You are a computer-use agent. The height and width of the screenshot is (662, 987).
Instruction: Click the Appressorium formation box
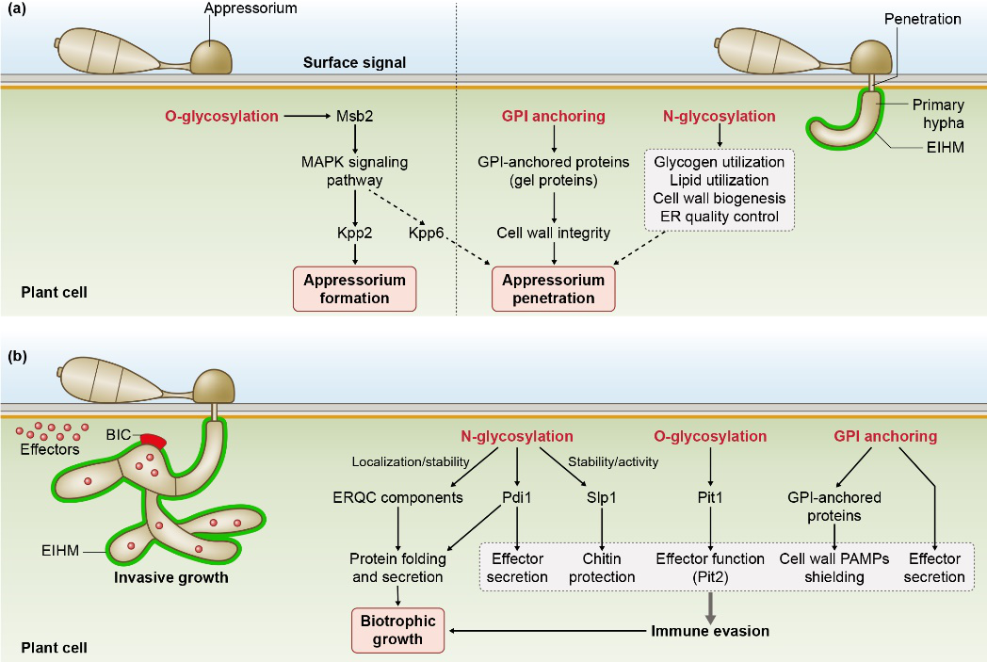(354, 289)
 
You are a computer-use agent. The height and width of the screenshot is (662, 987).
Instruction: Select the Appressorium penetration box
(553, 289)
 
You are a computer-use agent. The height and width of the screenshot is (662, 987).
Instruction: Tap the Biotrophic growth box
(397, 630)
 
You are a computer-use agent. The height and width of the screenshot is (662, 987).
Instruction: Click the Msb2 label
(354, 116)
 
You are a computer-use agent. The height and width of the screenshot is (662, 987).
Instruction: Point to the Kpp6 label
(426, 233)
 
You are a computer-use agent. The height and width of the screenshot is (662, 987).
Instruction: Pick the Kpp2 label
(354, 233)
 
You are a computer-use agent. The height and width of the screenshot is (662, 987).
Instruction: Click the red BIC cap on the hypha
(154, 441)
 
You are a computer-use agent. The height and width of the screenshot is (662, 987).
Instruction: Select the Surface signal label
(354, 62)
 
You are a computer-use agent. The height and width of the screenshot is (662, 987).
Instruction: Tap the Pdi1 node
(517, 497)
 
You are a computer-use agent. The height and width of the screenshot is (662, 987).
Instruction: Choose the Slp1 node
(602, 497)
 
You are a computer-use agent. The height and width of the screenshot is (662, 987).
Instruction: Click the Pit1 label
(710, 497)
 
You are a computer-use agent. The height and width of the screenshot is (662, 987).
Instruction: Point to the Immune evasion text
(710, 631)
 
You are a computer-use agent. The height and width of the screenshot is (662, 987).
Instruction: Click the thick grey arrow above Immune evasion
(710, 607)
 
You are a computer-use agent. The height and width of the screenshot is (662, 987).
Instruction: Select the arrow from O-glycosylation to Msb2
(307, 116)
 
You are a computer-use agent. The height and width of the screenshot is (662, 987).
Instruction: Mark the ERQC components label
(397, 497)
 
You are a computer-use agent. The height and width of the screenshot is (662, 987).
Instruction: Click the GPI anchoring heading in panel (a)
(553, 116)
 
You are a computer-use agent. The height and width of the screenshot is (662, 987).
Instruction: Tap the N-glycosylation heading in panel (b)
(517, 436)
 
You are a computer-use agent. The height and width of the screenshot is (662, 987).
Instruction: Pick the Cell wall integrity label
(553, 233)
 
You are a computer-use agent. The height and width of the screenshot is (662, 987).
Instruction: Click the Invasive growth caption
(171, 577)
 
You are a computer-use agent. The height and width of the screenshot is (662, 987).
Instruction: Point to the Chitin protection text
(602, 568)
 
